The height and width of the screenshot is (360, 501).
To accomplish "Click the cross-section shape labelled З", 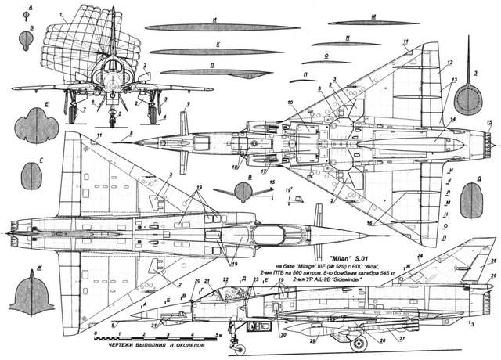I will [468, 99].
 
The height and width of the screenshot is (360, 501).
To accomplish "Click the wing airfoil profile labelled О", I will [326, 62].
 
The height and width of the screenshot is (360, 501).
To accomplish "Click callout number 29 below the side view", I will [313, 342].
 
